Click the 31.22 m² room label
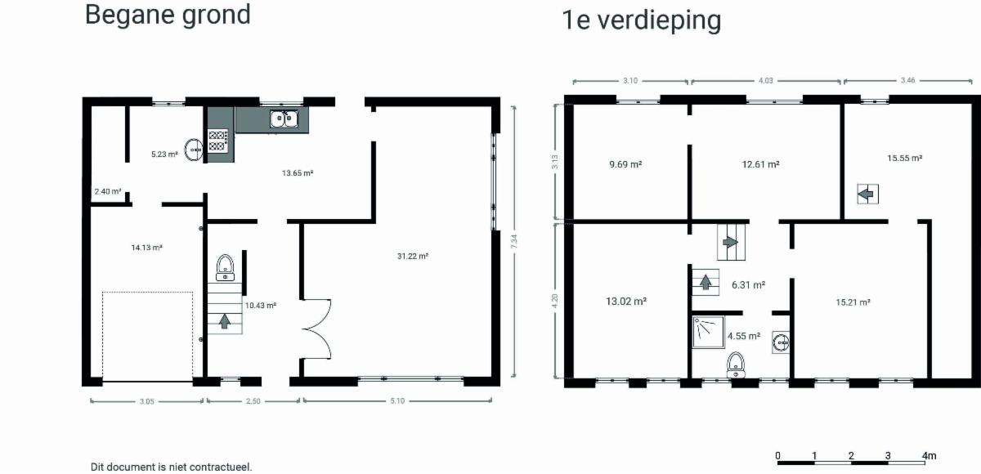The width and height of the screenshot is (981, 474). [x=413, y=256]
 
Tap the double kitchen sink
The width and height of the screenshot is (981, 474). [x=284, y=118]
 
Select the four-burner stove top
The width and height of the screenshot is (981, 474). [x=217, y=141]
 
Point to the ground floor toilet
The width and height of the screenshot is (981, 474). [x=225, y=267]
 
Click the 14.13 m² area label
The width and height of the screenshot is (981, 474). [x=146, y=248]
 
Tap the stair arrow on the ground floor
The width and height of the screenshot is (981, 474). [x=225, y=321]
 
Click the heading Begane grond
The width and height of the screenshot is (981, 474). [x=168, y=16]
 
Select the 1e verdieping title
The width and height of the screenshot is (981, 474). [x=641, y=20]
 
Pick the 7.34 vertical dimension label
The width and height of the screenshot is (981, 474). [x=514, y=242]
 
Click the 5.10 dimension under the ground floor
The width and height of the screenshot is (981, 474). [x=397, y=401]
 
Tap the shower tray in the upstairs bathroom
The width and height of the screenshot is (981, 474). [x=708, y=332]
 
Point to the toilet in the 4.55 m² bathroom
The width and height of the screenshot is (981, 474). [x=736, y=365]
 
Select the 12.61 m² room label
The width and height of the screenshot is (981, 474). [x=761, y=164]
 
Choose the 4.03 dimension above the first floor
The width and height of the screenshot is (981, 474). [x=765, y=81]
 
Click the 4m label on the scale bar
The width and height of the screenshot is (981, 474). [x=929, y=456]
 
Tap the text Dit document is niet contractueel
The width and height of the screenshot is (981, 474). [x=171, y=467]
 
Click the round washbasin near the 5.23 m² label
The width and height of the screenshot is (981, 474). [x=193, y=150]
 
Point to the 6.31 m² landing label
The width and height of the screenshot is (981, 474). [x=749, y=285]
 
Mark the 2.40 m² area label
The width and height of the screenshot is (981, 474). [x=108, y=192]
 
